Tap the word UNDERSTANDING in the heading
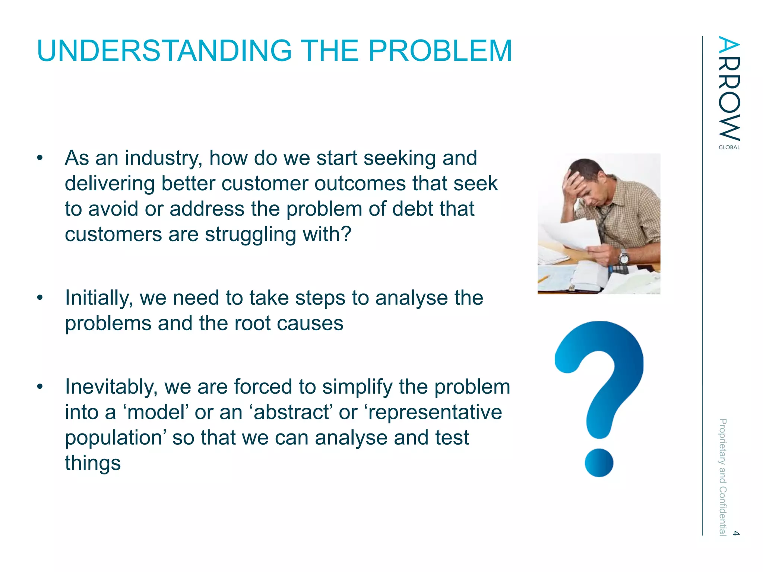pyautogui.click(x=164, y=51)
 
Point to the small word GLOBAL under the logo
pyautogui.click(x=729, y=147)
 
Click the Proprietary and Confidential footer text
pyautogui.click(x=722, y=477)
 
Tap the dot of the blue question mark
pyautogui.click(x=599, y=463)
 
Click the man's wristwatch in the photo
pyautogui.click(x=624, y=257)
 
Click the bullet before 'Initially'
pyautogui.click(x=40, y=298)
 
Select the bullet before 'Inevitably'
pyautogui.click(x=40, y=387)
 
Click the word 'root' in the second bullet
pyautogui.click(x=252, y=323)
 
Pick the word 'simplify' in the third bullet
pyautogui.click(x=357, y=387)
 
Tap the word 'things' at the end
pyautogui.click(x=93, y=463)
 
